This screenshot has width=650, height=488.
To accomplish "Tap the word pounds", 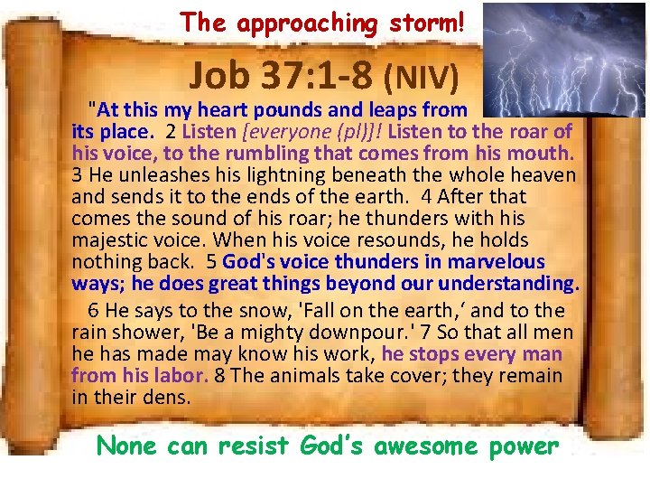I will point(302,111).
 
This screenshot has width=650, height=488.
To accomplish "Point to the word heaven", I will point(544,174).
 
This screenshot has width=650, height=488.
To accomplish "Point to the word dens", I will point(172,398).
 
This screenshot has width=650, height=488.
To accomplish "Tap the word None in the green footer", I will point(126,446).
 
